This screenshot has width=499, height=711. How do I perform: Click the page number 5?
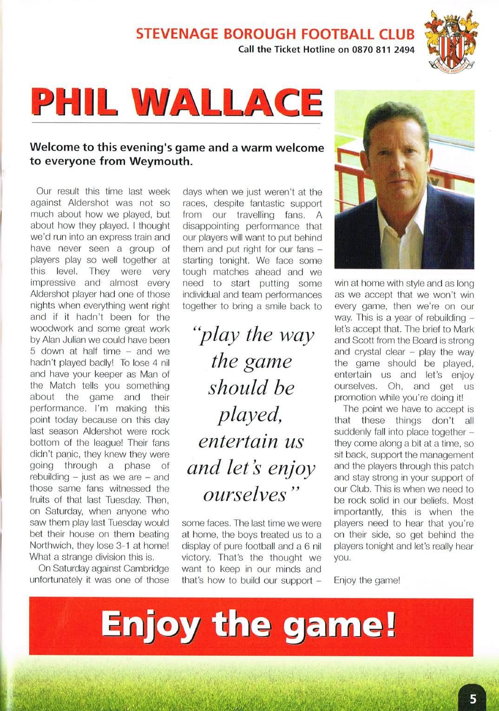[473, 698]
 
